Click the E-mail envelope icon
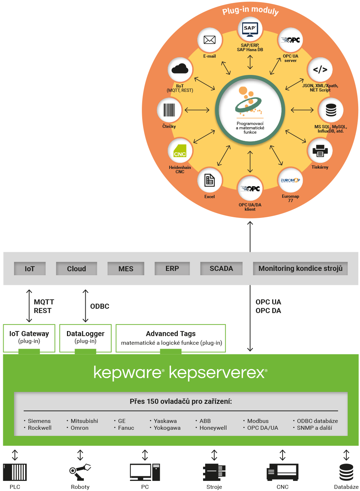point(210,40)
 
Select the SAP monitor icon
point(250,30)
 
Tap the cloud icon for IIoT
point(180,69)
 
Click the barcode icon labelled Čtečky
point(169,110)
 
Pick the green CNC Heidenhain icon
point(180,151)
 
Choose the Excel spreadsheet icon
point(210,180)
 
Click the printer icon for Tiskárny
point(320,151)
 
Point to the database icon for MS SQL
point(331,110)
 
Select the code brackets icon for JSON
point(320,70)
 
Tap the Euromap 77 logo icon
point(291,180)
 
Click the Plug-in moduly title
point(251,10)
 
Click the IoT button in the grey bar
point(30,269)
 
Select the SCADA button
point(221,269)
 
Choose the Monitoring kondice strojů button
point(300,269)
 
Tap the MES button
point(126,269)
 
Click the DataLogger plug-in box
point(85,338)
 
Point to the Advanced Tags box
point(171,338)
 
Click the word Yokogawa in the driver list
point(167,428)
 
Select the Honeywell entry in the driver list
point(213,428)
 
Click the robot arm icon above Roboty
point(80,472)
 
